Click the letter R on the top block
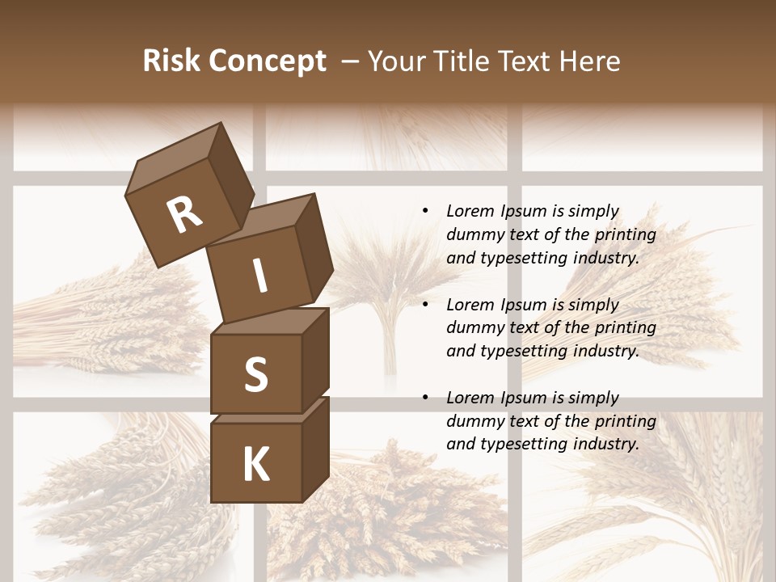coord(184,215)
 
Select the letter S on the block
coord(255,374)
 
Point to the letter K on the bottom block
coord(256,465)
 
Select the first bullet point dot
coord(426,211)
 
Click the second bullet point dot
coord(426,305)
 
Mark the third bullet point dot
coord(426,398)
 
